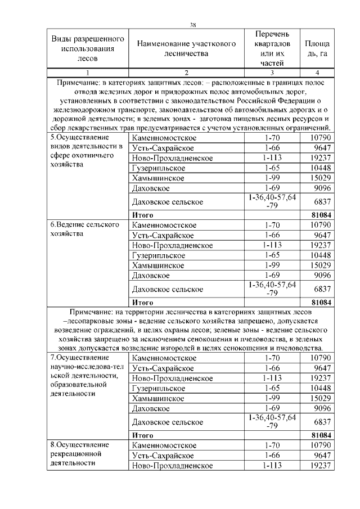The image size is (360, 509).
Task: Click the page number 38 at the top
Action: [193, 24]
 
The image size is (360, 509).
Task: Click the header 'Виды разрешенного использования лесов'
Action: [87, 49]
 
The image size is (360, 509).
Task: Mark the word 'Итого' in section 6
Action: [143, 302]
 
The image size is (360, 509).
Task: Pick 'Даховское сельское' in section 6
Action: [167, 289]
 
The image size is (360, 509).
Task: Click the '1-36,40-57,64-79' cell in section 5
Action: [272, 201]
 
